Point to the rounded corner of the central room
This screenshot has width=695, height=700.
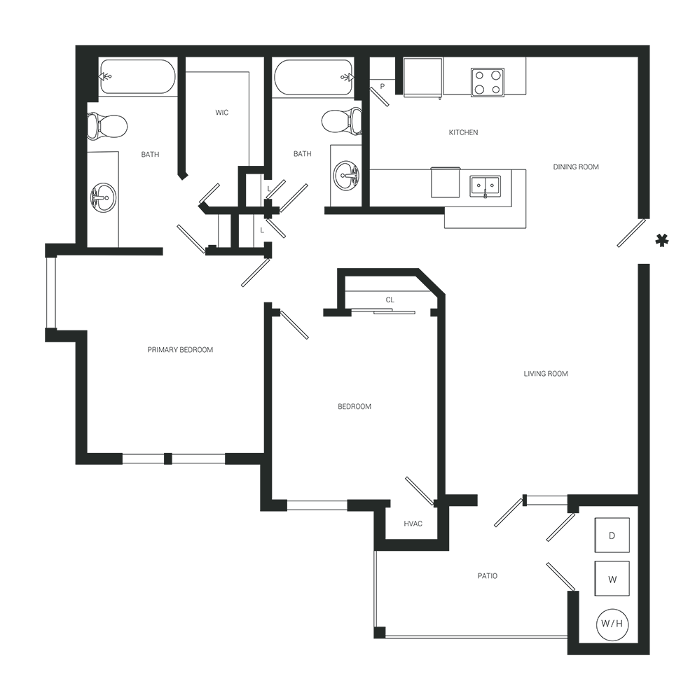pyautogui.click(x=439, y=284)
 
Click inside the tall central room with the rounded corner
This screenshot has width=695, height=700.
pyautogui.click(x=392, y=392)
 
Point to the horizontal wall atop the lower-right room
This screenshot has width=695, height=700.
pyautogui.click(x=603, y=500)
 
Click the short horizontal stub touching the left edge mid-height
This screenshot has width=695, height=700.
pyautogui.click(x=67, y=335)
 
